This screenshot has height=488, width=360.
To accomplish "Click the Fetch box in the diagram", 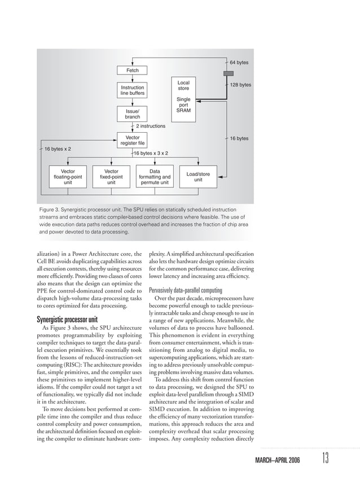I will pyautogui.click(x=132, y=71).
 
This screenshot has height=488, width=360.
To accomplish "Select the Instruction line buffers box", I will pyautogui.click(x=132, y=91).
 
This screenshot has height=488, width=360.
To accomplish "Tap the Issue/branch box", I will pyautogui.click(x=132, y=114).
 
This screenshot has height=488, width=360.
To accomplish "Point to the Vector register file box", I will pyautogui.click(x=132, y=141).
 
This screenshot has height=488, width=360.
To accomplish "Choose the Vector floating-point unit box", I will pyautogui.click(x=68, y=176).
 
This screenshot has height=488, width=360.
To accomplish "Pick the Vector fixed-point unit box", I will pyautogui.click(x=112, y=176).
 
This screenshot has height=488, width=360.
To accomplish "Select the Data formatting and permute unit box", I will pyautogui.click(x=155, y=176).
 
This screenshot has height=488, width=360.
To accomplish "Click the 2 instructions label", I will pyautogui.click(x=151, y=127).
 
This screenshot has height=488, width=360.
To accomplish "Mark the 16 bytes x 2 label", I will pyautogui.click(x=62, y=149).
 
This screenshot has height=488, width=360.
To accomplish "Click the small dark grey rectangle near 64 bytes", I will pyautogui.click(x=228, y=73).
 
